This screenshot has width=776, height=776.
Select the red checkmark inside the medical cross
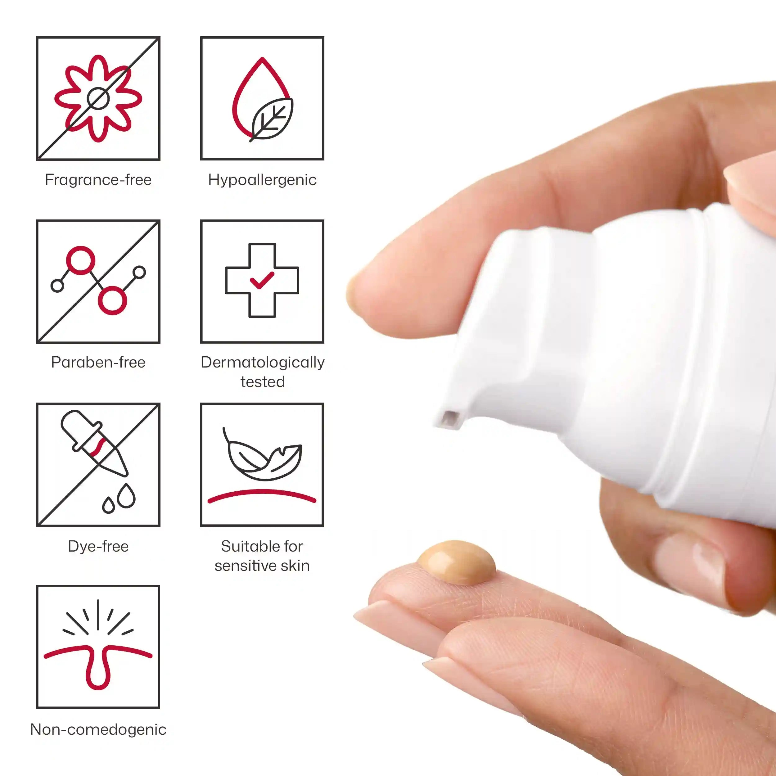[x=262, y=280]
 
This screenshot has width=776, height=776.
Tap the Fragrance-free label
[x=98, y=179]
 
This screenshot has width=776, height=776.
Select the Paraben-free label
[x=98, y=362]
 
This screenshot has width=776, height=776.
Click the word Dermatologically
[x=263, y=363]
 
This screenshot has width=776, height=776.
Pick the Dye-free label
[x=98, y=546]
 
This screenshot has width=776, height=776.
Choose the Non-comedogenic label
[x=98, y=729]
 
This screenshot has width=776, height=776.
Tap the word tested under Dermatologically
[x=263, y=381]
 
